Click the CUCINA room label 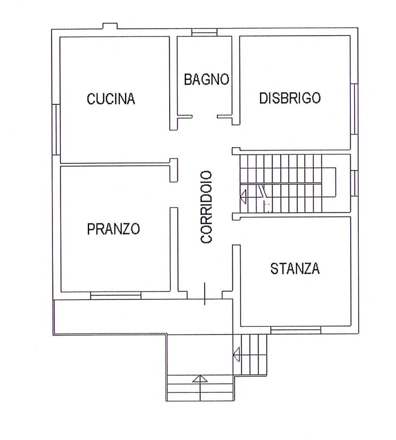[x=111, y=99]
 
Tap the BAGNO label [x=207, y=79]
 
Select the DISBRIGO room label [x=290, y=98]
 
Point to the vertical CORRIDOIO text [x=206, y=207]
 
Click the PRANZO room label [x=113, y=229]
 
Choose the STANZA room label [x=295, y=268]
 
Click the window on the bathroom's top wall [x=204, y=32]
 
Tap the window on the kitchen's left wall [x=56, y=129]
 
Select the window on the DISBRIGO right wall [x=354, y=109]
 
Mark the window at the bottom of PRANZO [x=115, y=296]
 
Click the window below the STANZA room [x=296, y=330]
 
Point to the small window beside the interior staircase [x=354, y=183]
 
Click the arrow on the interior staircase [x=243, y=196]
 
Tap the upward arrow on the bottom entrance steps [x=200, y=379]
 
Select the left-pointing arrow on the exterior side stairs [x=237, y=354]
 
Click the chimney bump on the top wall [x=110, y=26]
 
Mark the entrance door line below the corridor [x=205, y=293]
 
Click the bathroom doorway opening [x=205, y=116]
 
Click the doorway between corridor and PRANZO [x=174, y=195]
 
